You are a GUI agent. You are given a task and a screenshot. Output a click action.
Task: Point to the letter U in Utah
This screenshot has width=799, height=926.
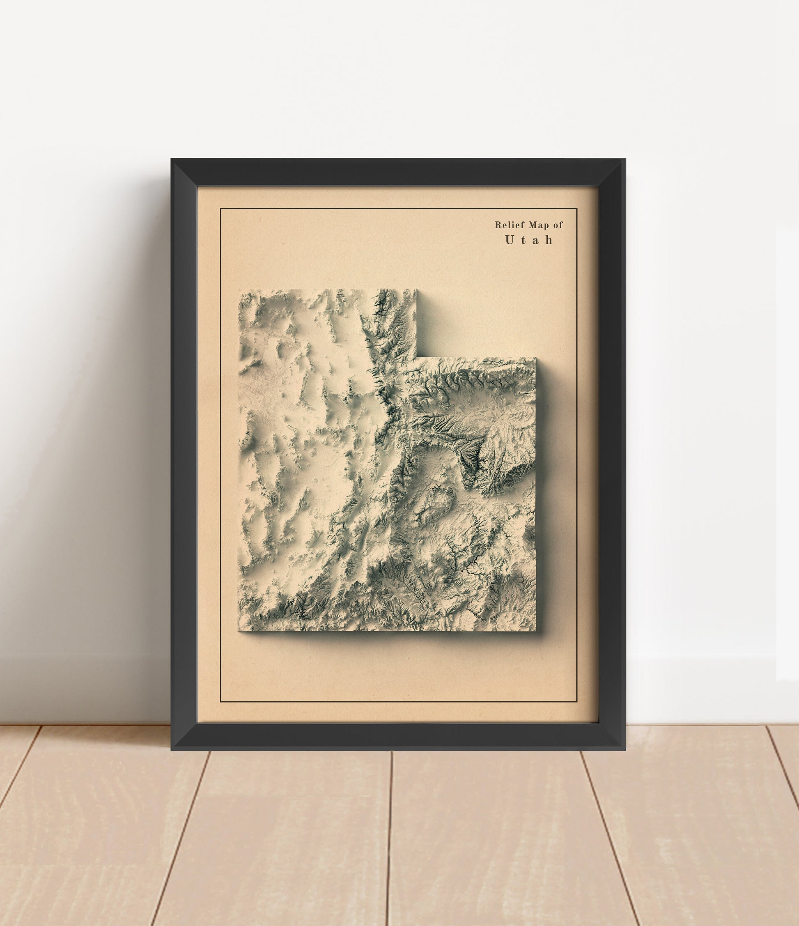[x=510, y=240]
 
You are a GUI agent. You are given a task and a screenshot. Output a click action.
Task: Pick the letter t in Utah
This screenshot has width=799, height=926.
[x=523, y=240]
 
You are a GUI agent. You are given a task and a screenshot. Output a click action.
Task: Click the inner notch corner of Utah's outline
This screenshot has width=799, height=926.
[x=417, y=358]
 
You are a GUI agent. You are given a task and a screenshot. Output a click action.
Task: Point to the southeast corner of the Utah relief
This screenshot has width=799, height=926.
[x=535, y=631]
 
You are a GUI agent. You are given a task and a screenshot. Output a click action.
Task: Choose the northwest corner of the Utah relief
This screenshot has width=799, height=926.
[x=239, y=290]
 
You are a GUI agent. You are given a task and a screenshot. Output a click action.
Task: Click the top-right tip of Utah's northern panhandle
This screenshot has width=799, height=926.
[x=416, y=290]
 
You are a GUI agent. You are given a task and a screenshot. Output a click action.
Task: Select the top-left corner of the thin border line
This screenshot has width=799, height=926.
[x=221, y=209]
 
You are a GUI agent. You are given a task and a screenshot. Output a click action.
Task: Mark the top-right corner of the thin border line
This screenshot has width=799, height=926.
[x=576, y=209]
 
